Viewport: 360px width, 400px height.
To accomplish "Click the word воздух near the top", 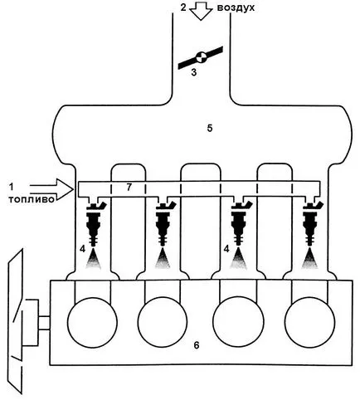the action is tap(236, 8).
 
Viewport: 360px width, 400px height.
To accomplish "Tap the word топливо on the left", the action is tap(32, 199).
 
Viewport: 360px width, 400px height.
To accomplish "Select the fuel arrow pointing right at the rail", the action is tap(51, 189).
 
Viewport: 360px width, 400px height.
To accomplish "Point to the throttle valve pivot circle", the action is tap(201, 57).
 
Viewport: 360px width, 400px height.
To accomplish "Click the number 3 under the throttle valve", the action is tap(194, 72).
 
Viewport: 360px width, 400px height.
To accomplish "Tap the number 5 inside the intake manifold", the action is tap(210, 128).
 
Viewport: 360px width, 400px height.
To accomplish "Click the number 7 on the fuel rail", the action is tap(129, 188).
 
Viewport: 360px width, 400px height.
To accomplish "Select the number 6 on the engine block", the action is tap(197, 345).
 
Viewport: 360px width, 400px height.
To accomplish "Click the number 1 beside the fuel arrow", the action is tap(11, 187).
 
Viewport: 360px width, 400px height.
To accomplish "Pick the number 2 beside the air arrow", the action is tap(183, 7).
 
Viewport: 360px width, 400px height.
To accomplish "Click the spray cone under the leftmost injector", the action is tap(93, 259).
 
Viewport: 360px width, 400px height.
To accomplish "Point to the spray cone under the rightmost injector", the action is tap(309, 259).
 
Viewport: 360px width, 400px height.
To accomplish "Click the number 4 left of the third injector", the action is tap(226, 249).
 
